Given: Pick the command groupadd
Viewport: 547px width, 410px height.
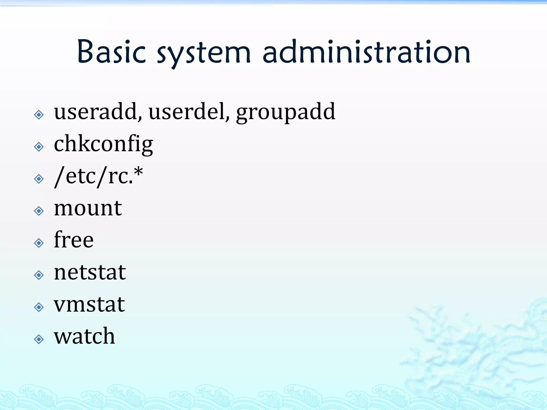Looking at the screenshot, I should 286,113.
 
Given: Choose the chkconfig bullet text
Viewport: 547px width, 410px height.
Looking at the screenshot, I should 103,144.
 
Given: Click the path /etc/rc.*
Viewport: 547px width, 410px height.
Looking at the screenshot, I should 99,176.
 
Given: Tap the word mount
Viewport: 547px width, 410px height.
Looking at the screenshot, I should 88,208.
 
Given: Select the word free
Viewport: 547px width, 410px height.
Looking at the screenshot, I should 74,240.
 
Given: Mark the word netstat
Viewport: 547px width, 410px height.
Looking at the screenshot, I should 90,272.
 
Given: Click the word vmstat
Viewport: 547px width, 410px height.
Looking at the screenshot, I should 89,304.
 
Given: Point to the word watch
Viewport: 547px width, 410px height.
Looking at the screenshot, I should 84,336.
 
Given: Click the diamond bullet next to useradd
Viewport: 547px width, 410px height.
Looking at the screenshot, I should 39,115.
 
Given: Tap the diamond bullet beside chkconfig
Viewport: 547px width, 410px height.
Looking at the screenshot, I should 39,147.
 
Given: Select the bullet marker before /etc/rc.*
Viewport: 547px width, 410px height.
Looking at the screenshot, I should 39,179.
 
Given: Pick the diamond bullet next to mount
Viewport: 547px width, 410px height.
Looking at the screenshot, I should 39,211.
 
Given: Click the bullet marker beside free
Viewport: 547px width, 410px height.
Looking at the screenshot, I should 39,243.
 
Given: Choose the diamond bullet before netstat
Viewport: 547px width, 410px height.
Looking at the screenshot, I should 39,275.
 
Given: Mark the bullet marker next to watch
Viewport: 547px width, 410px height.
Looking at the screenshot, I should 39,339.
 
